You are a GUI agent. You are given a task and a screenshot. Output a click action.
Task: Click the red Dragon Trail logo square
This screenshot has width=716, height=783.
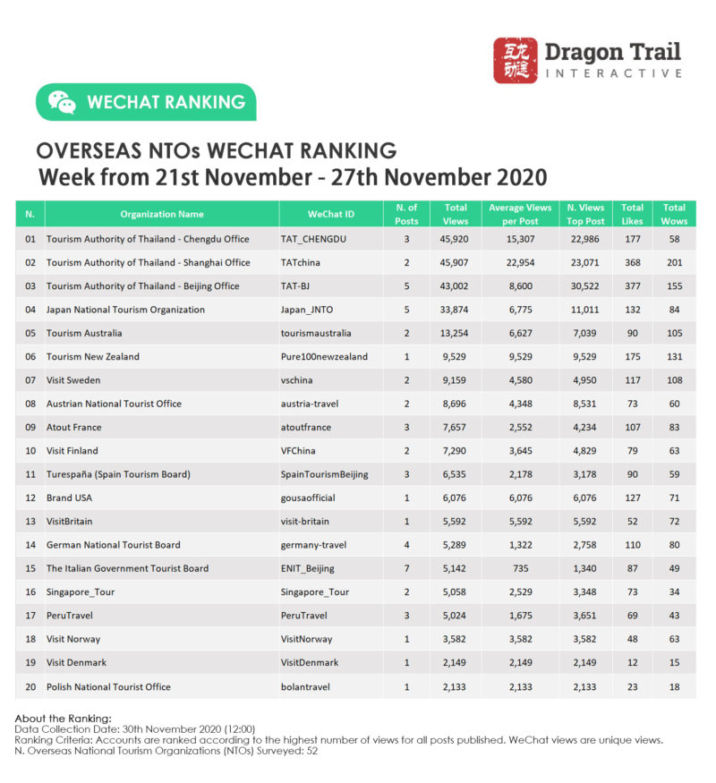(516, 61)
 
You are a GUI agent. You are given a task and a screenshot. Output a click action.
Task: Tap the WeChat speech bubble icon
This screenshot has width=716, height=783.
(62, 102)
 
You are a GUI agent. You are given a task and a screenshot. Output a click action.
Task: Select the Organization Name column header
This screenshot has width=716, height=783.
(161, 215)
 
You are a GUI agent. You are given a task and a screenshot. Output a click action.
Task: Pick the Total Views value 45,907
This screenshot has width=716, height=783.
(455, 263)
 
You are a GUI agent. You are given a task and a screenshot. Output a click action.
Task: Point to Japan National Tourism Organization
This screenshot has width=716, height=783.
(125, 310)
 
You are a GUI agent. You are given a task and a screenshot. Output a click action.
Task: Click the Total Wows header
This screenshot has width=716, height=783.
(674, 214)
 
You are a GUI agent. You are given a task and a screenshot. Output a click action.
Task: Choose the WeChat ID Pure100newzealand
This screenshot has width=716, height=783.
(324, 357)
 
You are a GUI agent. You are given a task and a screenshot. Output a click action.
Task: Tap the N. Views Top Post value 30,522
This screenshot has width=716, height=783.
(586, 286)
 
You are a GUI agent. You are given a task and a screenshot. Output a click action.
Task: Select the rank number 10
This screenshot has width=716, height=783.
(30, 451)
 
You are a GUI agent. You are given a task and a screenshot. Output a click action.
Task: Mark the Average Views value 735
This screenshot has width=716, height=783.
(520, 568)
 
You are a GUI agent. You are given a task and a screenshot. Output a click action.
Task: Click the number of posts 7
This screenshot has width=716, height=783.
(406, 568)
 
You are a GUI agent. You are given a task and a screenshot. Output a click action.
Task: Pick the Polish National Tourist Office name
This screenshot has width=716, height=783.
(108, 686)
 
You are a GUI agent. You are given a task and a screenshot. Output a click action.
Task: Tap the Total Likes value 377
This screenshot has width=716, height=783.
(632, 286)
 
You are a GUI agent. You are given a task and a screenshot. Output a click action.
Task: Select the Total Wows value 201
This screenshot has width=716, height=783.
(674, 263)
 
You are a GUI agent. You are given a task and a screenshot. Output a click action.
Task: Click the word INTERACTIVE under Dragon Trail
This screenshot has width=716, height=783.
(613, 73)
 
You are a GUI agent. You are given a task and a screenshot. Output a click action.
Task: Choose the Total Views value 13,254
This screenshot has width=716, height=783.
(455, 334)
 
